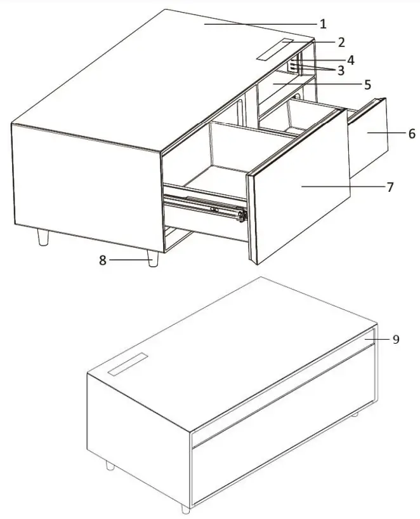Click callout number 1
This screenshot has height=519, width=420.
pos(323,25)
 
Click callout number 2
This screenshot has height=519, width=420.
pos(341,43)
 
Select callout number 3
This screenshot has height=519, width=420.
pos(341,71)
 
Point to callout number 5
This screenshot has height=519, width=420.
pos(367,84)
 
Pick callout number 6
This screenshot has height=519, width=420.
pos(411,134)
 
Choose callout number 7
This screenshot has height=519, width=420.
pos(390,187)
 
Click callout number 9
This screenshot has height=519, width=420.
pos(395,339)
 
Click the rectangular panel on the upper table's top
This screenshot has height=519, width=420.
pos(275,50)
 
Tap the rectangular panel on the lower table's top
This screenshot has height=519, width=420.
pos(126,365)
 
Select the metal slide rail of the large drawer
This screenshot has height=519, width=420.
pos(203,205)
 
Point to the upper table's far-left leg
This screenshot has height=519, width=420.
pos(43,237)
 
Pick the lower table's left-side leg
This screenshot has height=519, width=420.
pos(110,466)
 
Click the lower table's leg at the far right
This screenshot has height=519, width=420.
pos(355,414)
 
